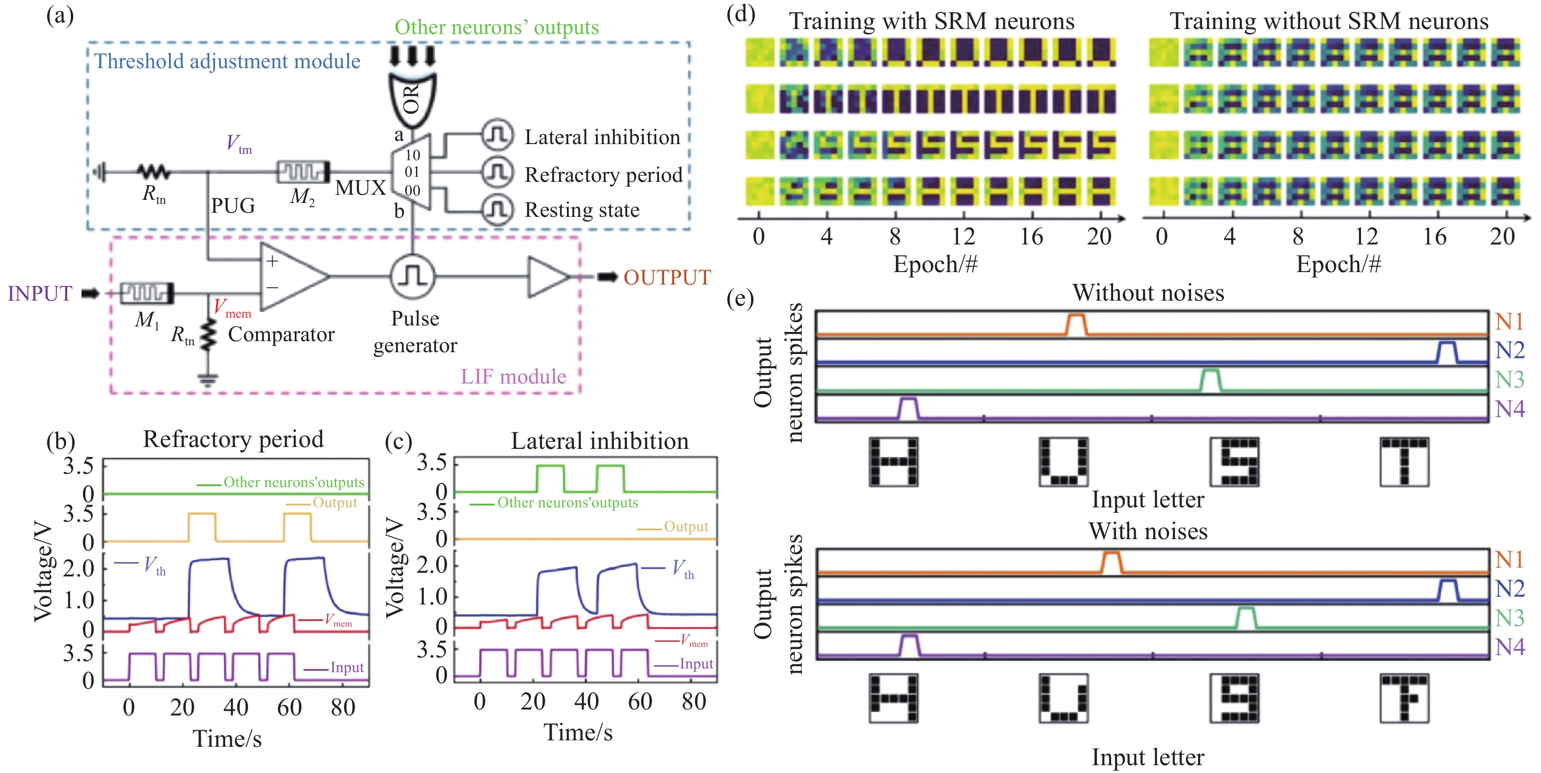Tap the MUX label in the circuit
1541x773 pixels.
[x=360, y=188]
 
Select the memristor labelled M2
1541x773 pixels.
[x=303, y=172]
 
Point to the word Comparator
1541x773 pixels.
[x=281, y=334]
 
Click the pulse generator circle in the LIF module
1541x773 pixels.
[x=412, y=277]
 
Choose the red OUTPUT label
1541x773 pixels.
[x=667, y=278]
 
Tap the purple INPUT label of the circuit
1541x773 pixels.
[x=40, y=294]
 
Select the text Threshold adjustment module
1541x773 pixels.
[x=228, y=61]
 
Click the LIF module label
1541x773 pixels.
[x=513, y=377]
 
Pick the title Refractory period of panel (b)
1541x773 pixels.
[x=233, y=439]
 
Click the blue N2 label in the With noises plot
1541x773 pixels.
[x=1510, y=588]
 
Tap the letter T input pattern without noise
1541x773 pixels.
[x=1404, y=461]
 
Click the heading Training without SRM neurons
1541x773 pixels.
[x=1329, y=22]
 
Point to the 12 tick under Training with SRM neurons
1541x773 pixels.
[x=963, y=237]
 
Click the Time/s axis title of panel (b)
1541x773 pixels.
[x=228, y=739]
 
